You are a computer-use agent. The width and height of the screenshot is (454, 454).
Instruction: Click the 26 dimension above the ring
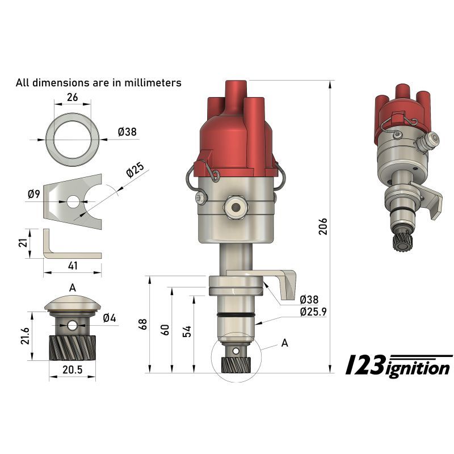coord(72,97)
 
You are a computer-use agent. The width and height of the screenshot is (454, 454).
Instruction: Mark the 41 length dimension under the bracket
coord(73,266)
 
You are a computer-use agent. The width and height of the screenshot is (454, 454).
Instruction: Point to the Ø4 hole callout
coord(110,318)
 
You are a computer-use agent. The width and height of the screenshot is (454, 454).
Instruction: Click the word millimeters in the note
coord(153,83)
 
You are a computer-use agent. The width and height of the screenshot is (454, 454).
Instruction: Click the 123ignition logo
coord(399,365)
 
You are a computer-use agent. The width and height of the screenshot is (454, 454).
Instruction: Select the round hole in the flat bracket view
coord(73,201)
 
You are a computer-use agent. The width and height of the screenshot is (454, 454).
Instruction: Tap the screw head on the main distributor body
coord(202,198)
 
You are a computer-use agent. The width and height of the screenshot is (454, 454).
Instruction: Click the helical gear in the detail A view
coord(72,347)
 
